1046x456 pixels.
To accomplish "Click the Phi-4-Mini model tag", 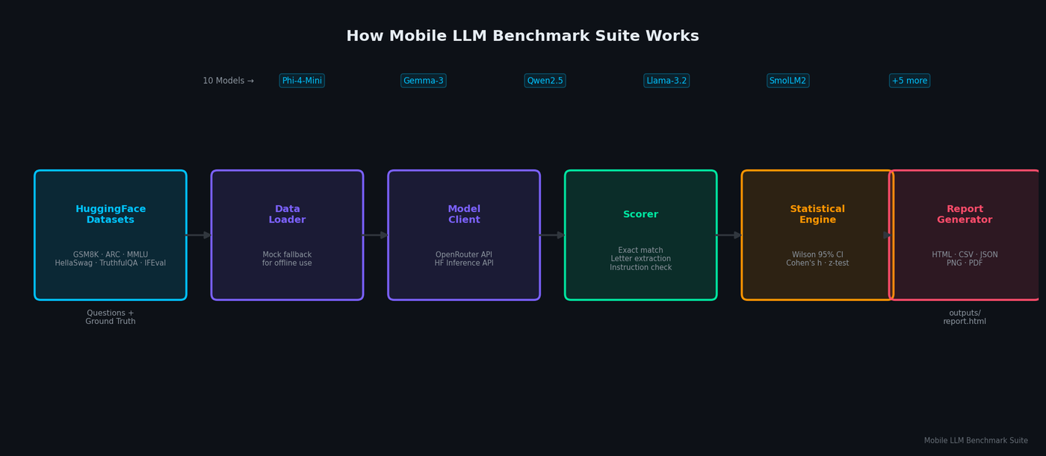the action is [x=302, y=81].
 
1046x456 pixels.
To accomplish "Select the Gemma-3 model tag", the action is [x=423, y=81].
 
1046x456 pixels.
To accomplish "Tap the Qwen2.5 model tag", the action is [x=545, y=81].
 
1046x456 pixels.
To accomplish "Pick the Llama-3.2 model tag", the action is [x=666, y=81].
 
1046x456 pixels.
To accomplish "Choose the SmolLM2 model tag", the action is [x=787, y=81].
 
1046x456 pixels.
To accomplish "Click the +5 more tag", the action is [x=910, y=81].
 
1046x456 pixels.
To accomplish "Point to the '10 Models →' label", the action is [x=229, y=81].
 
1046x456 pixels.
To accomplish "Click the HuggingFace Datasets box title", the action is [x=111, y=214].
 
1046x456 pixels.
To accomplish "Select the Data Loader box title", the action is [x=287, y=214].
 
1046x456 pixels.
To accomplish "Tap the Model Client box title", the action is [x=464, y=214].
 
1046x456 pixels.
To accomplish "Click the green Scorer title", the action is [x=641, y=214].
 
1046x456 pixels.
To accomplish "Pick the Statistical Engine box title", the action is [x=817, y=214].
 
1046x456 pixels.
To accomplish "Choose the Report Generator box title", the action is [x=965, y=214].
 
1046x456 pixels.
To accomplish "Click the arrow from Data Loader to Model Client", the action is [x=375, y=235].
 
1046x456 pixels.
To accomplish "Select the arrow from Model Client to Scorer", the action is [x=552, y=235].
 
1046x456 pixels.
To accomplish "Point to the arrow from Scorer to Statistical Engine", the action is [x=729, y=235].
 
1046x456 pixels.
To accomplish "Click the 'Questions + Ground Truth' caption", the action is [x=111, y=317].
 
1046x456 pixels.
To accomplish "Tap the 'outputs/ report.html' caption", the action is [x=965, y=317].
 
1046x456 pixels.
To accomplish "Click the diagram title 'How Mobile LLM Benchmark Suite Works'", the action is [x=522, y=36].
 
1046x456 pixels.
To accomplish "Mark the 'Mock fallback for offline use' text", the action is [x=287, y=259].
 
